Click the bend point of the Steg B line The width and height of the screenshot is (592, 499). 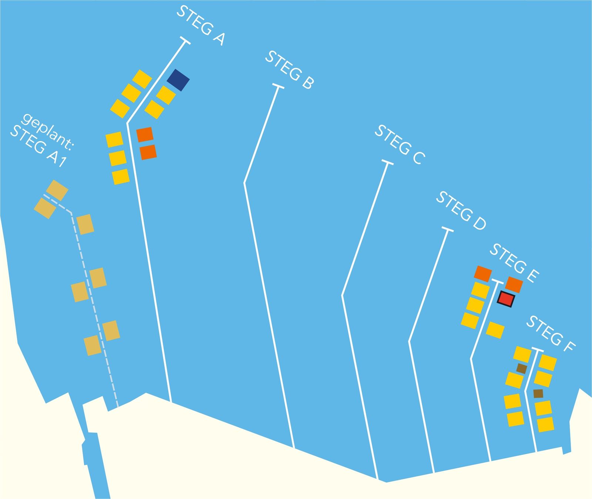(x=245, y=182)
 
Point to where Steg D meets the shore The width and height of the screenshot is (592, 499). (x=434, y=473)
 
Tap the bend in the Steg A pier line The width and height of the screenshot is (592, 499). (x=127, y=123)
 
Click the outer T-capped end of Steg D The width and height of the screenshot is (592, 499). (x=448, y=230)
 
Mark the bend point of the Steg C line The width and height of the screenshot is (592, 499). (x=342, y=295)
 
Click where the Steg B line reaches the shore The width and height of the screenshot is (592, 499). (x=294, y=448)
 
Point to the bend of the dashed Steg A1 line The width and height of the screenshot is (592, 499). (x=71, y=213)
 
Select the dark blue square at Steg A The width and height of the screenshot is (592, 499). (x=178, y=80)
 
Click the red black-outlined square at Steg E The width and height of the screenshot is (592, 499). (x=506, y=299)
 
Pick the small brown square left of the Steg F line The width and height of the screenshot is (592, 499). (x=522, y=368)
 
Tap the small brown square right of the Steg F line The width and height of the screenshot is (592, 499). (x=538, y=393)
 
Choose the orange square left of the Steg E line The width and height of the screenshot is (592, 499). (x=483, y=274)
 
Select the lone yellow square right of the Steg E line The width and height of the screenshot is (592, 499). (x=495, y=330)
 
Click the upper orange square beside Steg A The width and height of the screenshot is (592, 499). (x=145, y=135)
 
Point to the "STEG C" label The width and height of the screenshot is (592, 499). (x=400, y=145)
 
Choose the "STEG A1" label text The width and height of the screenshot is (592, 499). (x=38, y=147)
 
